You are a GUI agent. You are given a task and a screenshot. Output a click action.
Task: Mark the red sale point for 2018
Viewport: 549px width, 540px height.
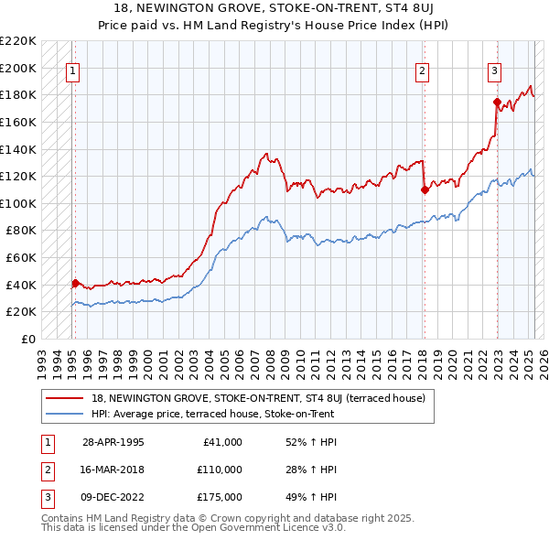click(x=425, y=190)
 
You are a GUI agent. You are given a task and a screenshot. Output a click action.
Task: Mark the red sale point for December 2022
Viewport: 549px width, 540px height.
click(x=497, y=102)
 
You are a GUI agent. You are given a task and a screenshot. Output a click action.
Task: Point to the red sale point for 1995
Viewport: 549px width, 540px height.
click(x=75, y=284)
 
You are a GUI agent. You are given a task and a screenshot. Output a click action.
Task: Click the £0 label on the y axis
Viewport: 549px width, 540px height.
click(x=27, y=339)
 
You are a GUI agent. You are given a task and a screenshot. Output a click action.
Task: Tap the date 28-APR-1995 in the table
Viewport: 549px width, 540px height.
click(x=113, y=442)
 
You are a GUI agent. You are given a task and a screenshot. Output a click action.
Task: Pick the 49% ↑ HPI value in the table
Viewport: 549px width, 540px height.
click(x=311, y=498)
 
